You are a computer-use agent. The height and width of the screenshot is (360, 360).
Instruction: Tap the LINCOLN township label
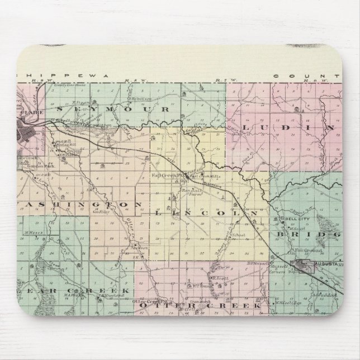pyautogui.click(x=206, y=214)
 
